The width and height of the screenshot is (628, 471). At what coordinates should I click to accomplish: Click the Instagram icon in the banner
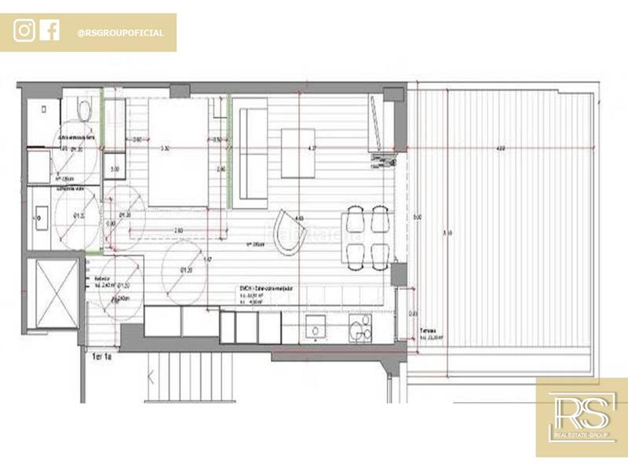(x=24, y=31)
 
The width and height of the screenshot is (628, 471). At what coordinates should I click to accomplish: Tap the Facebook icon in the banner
(x=49, y=31)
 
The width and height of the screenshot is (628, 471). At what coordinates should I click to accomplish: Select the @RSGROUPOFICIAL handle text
(x=121, y=33)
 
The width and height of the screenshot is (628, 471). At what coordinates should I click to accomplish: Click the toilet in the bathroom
(x=84, y=111)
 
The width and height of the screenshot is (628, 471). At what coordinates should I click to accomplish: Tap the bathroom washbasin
(x=41, y=212)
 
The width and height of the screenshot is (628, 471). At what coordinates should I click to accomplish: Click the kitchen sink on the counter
(x=316, y=330)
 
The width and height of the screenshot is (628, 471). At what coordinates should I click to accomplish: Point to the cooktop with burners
(x=360, y=330)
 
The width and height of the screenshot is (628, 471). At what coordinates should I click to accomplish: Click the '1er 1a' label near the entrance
(x=101, y=355)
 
